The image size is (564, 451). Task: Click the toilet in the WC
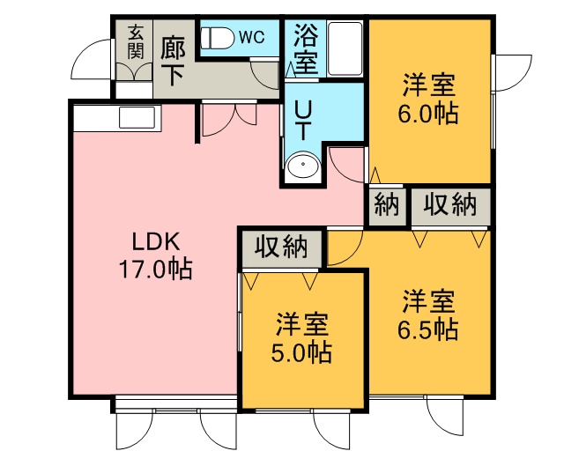[216, 38]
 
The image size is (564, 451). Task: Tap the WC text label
[252, 37]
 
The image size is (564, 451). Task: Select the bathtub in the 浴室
[345, 48]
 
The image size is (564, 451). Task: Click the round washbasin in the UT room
[303, 165]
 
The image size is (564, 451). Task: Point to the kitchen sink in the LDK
[137, 117]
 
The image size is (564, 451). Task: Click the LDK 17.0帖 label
[155, 255]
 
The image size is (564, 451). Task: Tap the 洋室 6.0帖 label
[428, 99]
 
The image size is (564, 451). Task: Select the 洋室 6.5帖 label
[428, 314]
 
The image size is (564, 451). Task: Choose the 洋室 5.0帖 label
[301, 337]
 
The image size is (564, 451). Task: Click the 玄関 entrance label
[136, 41]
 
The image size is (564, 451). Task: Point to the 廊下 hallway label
[173, 62]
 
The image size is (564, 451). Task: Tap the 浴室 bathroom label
[306, 48]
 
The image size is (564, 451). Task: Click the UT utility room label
[303, 120]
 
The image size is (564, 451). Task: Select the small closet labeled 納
[387, 206]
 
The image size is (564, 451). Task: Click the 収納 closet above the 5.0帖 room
[281, 248]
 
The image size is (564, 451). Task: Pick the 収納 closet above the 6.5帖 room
[450, 206]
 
